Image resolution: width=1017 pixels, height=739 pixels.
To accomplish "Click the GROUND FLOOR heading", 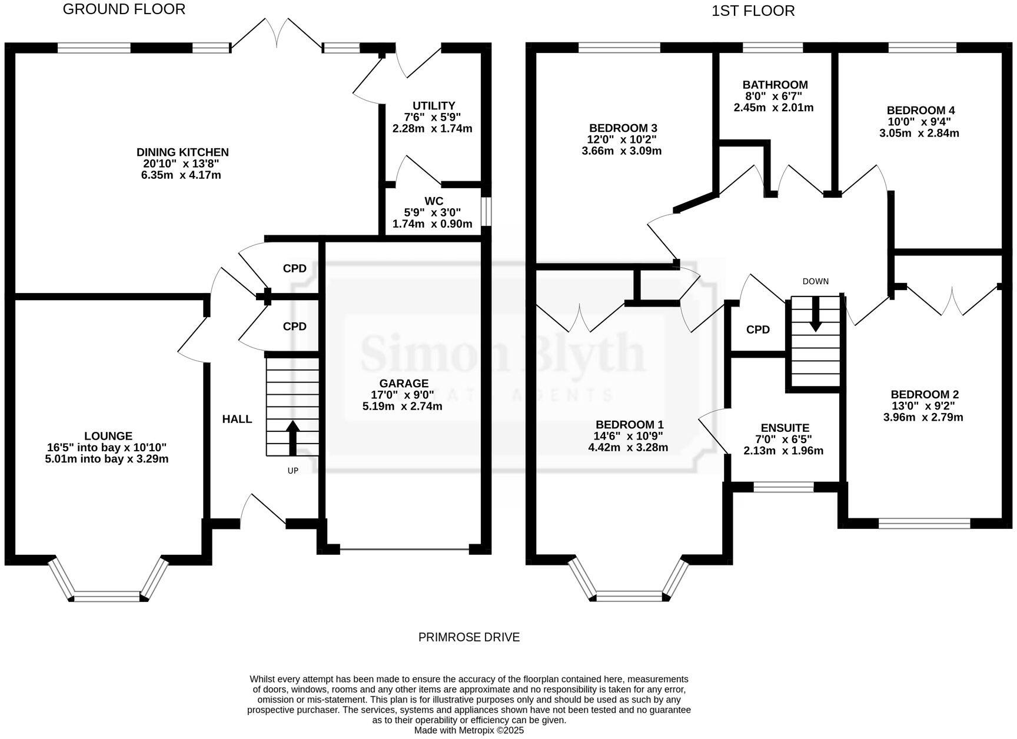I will point(124,9).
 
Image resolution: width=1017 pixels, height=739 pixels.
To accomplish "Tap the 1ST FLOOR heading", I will point(753,11).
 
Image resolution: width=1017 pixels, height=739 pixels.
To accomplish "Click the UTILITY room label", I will point(434,106).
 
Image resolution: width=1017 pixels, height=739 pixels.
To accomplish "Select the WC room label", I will point(433,201).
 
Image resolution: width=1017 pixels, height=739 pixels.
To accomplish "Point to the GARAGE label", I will point(403,384).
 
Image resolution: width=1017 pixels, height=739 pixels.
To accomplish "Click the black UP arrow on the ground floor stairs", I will point(293,438).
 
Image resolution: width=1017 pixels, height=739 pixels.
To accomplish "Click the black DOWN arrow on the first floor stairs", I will point(815,313).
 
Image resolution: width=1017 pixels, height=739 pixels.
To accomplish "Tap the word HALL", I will point(237,419).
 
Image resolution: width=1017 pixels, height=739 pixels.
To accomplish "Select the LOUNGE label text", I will point(108,436).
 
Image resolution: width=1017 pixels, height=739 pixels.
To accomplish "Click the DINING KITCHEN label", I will point(182,152).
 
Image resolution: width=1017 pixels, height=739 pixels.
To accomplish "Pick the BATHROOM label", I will point(775,85).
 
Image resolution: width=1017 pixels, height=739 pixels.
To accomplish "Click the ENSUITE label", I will point(785,428).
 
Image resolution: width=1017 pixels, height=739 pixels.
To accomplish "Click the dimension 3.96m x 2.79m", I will point(923,417).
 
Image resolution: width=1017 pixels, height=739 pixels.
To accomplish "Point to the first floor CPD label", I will point(757,330).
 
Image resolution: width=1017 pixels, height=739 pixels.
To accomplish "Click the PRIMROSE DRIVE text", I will point(468,637).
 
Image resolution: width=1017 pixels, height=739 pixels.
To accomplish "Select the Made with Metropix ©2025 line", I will point(468,730).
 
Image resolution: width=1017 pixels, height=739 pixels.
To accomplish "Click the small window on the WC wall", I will point(486,211).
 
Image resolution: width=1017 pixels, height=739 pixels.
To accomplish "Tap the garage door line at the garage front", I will point(404,550).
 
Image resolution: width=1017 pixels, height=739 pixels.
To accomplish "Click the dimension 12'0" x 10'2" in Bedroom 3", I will point(622,139).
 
